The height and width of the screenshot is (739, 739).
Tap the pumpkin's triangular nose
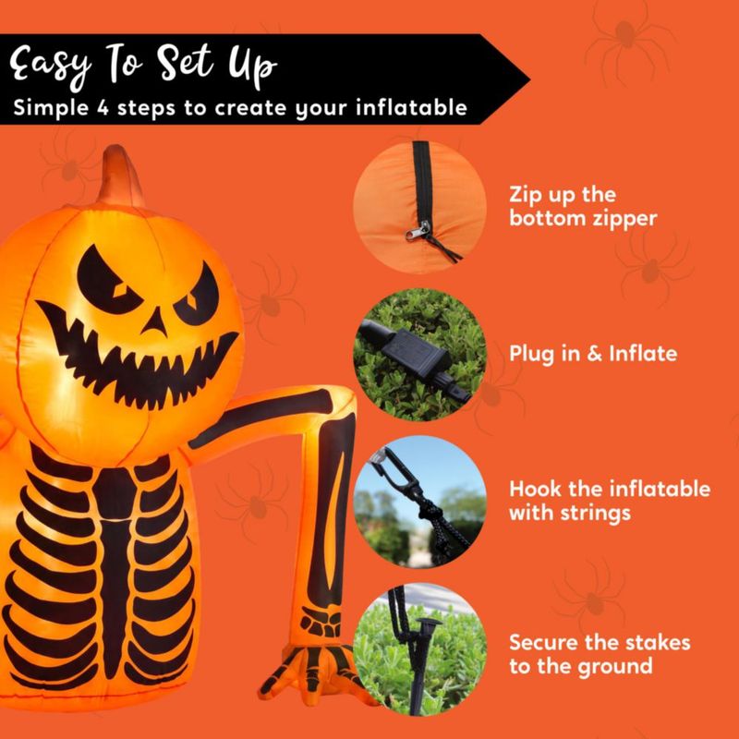[x=155, y=321]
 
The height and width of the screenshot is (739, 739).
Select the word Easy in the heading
[x=51, y=65]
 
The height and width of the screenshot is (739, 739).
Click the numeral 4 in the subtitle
[x=103, y=108]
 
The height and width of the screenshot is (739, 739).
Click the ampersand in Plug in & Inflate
[x=595, y=354]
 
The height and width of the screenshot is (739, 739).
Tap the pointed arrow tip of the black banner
[x=529, y=79]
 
